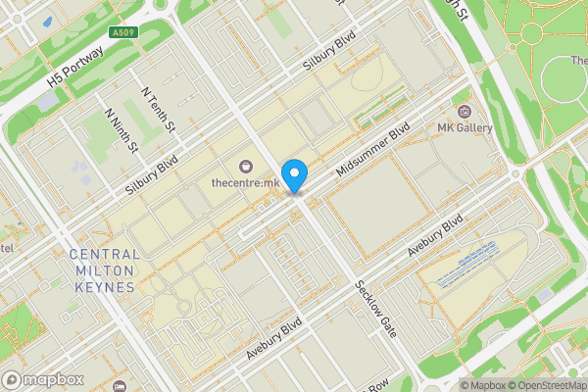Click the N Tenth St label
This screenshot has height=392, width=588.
click(157, 109)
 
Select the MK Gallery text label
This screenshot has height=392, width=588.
click(465, 128)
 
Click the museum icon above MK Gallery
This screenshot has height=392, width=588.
click(465, 109)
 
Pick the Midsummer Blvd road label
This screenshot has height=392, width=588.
click(371, 150)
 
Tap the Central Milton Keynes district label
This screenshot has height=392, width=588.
click(104, 270)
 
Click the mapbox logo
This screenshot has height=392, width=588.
click(41, 379)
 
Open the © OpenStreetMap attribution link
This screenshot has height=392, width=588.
click(544, 385)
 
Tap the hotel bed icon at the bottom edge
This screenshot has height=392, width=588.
click(120, 387)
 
